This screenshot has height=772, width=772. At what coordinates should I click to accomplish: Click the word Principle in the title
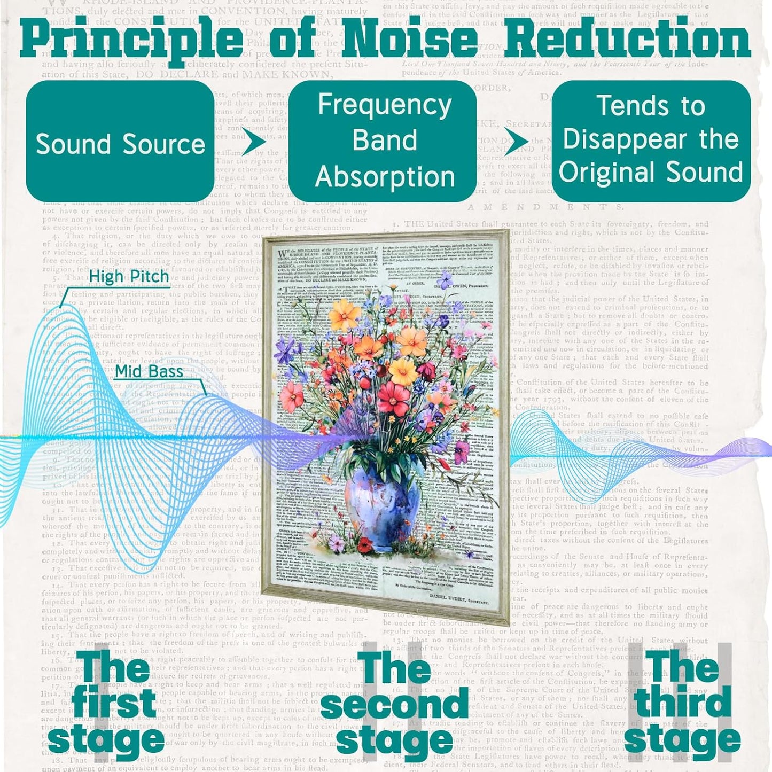tap(132, 40)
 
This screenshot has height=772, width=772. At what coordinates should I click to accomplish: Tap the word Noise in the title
tap(409, 40)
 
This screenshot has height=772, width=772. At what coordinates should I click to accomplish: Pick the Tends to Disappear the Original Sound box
tap(651, 142)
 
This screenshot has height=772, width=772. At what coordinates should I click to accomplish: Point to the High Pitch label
tap(129, 277)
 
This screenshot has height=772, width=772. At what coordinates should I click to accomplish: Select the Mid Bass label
tap(149, 371)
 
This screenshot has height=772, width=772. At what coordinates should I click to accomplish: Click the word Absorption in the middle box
tap(385, 177)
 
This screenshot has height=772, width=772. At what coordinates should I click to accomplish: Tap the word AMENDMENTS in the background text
tap(545, 207)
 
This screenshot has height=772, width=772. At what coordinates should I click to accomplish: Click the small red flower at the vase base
tap(366, 545)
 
